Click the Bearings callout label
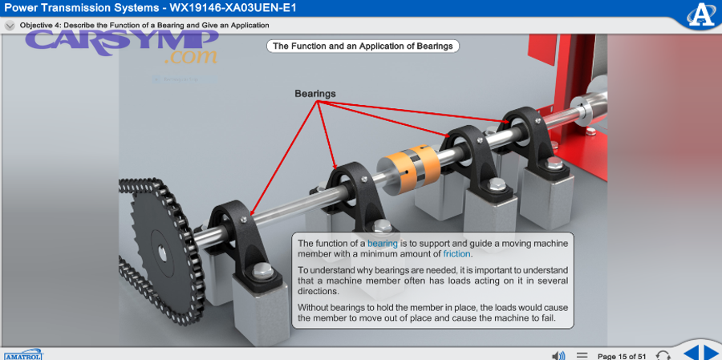click(314, 94)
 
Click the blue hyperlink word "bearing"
click(383, 243)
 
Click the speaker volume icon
click(559, 355)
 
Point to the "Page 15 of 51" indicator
click(622, 355)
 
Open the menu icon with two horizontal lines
click(582, 355)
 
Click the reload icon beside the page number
click(663, 355)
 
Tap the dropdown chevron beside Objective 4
click(10, 26)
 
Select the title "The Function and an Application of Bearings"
click(363, 47)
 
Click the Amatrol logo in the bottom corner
click(23, 355)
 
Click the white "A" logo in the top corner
click(700, 13)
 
